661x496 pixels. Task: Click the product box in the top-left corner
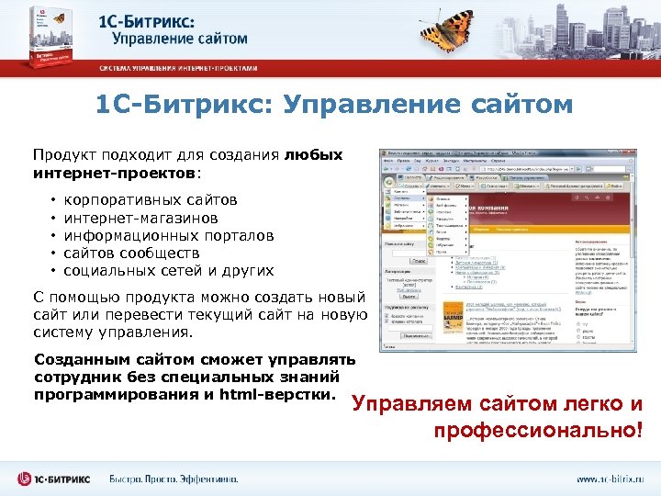pyautogui.click(x=49, y=38)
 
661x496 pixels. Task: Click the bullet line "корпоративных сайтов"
pyautogui.click(x=151, y=200)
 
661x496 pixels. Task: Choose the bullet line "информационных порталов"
pyautogui.click(x=168, y=235)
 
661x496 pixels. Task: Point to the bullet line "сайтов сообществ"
pyautogui.click(x=131, y=253)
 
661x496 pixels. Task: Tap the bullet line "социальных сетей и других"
pyautogui.click(x=169, y=270)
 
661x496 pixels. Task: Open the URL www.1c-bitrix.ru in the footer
pyautogui.click(x=610, y=479)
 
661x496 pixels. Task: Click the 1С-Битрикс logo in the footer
pyautogui.click(x=56, y=479)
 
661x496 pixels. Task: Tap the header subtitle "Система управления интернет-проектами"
pyautogui.click(x=179, y=68)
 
